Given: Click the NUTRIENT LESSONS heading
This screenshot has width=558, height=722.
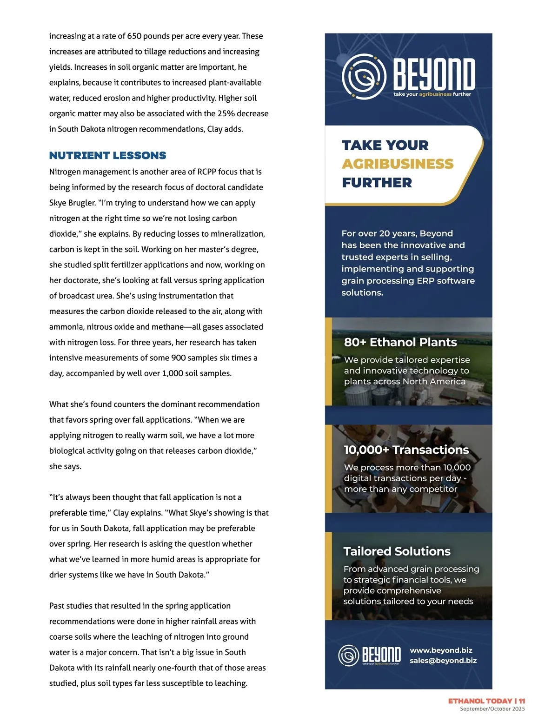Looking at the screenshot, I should point(107,155).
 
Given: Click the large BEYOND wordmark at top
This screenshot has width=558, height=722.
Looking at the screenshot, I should point(434,74).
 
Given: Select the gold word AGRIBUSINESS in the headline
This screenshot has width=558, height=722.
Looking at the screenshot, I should point(398,164).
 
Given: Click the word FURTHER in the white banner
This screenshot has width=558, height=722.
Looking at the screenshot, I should point(377,183).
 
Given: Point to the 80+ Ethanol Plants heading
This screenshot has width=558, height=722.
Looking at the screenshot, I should point(400,342).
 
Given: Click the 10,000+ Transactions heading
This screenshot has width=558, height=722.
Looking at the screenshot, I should point(406,450).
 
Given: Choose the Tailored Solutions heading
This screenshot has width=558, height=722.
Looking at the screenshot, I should point(397,551).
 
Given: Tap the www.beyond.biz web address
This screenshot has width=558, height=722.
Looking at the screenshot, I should point(441,650).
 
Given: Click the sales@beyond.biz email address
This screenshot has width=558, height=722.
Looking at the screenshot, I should point(443,661).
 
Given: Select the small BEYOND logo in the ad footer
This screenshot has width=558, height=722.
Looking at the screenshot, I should point(369,655).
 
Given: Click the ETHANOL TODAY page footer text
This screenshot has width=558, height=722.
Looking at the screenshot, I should point(480,701).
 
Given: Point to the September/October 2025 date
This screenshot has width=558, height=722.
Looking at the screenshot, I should point(492,709).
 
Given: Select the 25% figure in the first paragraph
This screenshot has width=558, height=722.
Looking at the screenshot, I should point(226,113).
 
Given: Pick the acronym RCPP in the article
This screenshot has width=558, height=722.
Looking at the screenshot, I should point(206,172).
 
